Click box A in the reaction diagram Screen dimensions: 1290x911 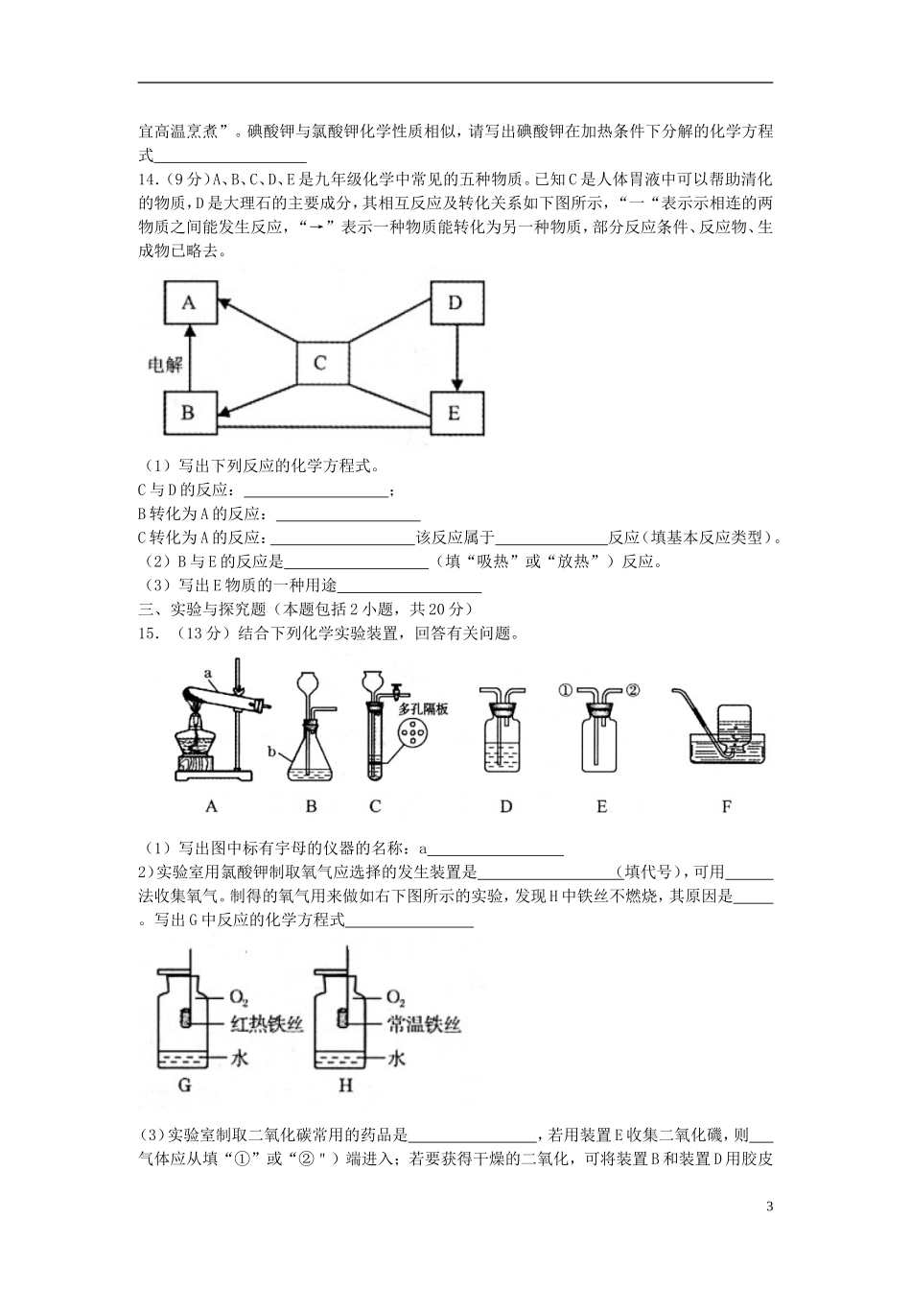(x=189, y=303)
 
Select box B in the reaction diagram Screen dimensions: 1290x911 (x=189, y=414)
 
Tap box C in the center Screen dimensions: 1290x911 (x=320, y=363)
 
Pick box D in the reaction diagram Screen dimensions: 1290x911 (x=455, y=303)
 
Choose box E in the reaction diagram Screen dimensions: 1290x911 (x=455, y=414)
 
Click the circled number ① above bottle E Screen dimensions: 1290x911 (x=565, y=688)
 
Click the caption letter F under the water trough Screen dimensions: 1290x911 (x=726, y=806)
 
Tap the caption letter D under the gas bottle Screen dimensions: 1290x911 (x=505, y=806)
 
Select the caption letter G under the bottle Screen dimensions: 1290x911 (x=185, y=1087)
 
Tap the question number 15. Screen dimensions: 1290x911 (x=150, y=633)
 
